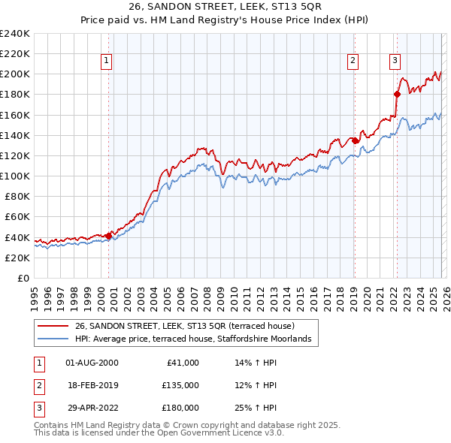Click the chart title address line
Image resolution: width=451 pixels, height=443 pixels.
225,7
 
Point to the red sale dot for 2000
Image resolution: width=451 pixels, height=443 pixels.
108,236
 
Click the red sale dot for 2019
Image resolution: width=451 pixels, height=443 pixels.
355,140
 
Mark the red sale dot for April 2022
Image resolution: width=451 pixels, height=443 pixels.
398,94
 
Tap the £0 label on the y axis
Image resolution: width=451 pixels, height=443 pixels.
23,278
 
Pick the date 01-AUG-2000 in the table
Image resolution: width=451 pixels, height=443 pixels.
92,363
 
